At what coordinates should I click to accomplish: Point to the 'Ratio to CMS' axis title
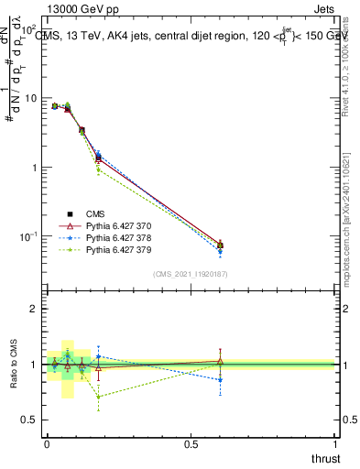pos(14,365)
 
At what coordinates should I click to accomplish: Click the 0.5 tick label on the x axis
pos(191,444)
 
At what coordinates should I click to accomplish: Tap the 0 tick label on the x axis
pos(47,444)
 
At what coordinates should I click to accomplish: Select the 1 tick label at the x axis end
pos(335,444)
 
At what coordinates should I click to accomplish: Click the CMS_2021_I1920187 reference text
pos(191,274)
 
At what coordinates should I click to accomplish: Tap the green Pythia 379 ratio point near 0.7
pos(98,397)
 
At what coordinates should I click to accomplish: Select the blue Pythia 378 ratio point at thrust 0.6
pos(220,379)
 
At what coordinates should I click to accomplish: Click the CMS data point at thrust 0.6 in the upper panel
pos(220,245)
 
